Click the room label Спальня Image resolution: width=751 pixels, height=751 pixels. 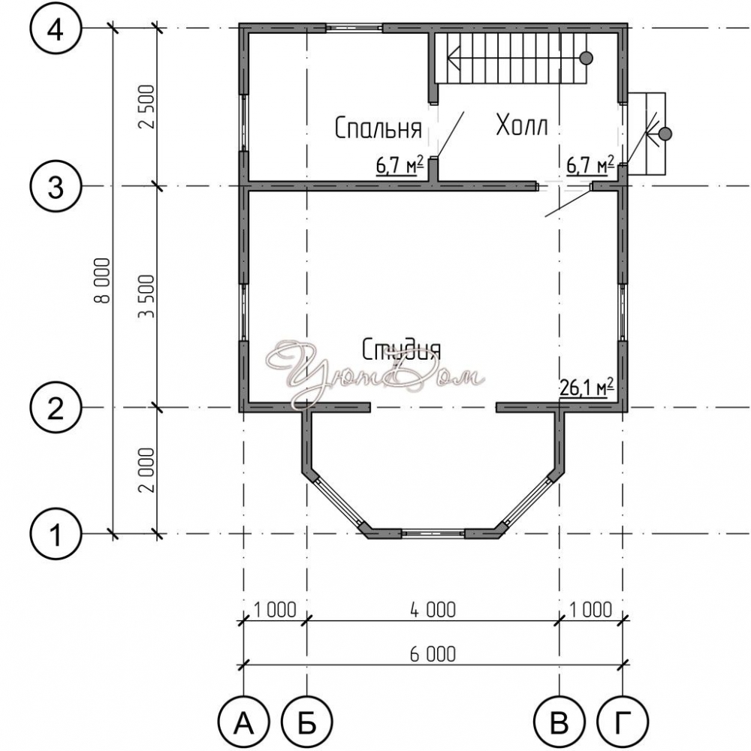(378, 128)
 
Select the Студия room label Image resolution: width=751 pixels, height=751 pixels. (401, 350)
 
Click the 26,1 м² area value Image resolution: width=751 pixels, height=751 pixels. (587, 388)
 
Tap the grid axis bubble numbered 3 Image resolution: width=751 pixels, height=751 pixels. (56, 187)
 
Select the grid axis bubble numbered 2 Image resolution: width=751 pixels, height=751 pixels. (56, 409)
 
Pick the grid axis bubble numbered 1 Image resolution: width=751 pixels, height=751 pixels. (56, 534)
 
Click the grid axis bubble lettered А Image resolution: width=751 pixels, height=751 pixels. (244, 722)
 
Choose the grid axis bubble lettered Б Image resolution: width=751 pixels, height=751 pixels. (307, 722)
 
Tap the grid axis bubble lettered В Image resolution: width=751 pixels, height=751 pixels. (559, 722)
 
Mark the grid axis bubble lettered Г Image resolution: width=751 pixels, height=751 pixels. (622, 722)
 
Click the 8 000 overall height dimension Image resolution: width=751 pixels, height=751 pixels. (102, 281)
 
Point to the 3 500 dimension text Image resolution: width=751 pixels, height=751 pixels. (146, 297)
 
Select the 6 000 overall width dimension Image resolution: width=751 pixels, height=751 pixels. (433, 654)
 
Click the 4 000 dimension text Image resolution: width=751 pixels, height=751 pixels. (433, 610)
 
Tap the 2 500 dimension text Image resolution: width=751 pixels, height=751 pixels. (146, 107)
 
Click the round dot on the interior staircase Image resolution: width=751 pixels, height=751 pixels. (587, 58)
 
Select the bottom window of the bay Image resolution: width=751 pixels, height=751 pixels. (433, 533)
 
